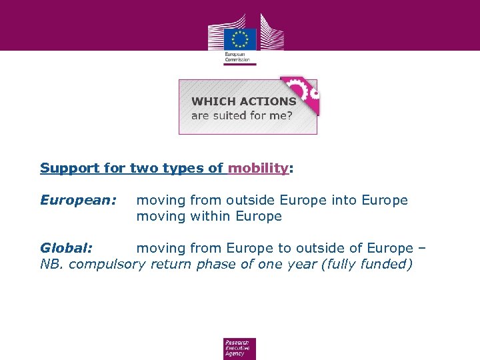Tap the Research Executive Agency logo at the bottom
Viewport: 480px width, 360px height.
[x=239, y=348]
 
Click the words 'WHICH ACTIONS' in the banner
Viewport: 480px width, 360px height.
[x=243, y=101]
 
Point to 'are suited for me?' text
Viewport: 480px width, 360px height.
[x=241, y=115]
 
